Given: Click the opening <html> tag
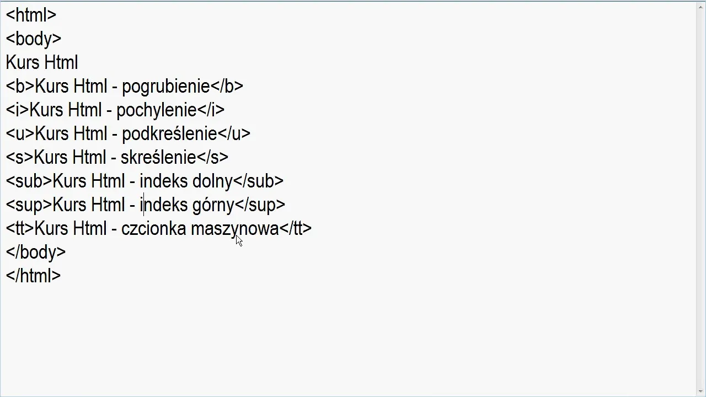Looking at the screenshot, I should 31,15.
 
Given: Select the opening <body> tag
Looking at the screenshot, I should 33,39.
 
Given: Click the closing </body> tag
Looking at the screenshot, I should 35,253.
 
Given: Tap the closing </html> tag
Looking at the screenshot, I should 33,276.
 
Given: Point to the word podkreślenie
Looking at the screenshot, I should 169,134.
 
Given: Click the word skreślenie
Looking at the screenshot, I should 158,158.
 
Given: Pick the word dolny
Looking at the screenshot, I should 212,181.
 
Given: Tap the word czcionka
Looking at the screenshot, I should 153,229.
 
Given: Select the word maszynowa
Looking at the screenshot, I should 234,229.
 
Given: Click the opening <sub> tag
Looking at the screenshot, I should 29,181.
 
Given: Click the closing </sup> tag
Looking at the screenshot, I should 260,205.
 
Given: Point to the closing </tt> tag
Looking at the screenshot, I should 296,229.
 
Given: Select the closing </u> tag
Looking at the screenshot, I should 234,134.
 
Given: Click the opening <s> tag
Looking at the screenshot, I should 19,158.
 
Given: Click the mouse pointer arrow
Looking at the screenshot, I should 238,240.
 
